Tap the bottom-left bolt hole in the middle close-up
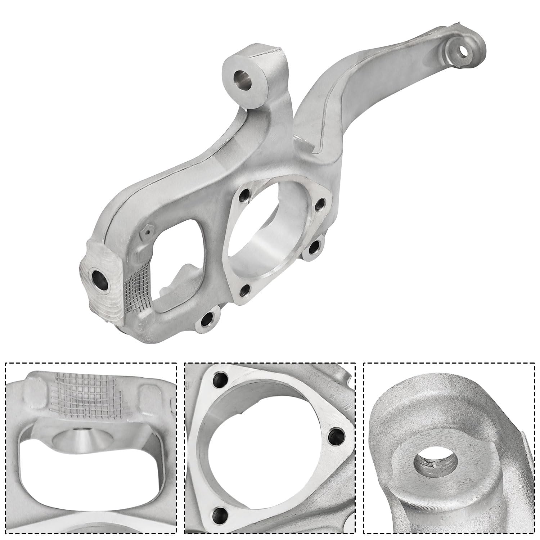pyautogui.click(x=217, y=512)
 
